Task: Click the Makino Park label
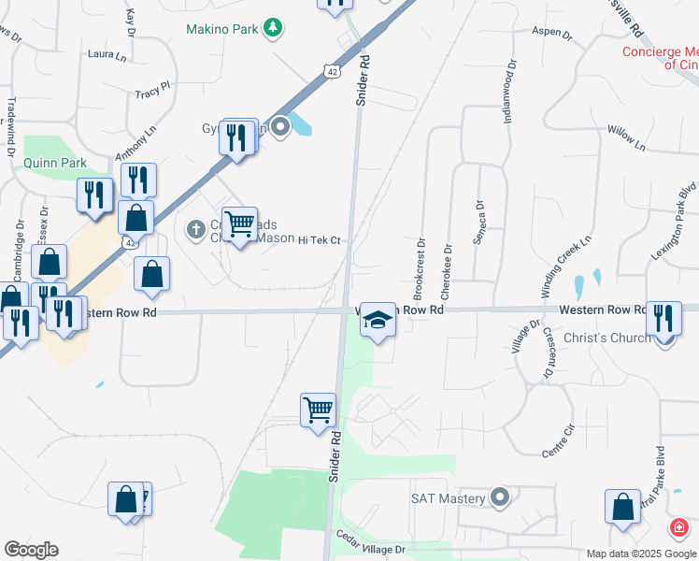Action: tap(221, 29)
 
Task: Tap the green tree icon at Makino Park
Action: tap(273, 28)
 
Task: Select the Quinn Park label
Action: tap(55, 163)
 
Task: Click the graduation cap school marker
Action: tap(378, 322)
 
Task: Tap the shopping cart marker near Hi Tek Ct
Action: tap(240, 224)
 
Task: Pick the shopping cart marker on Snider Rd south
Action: tap(318, 410)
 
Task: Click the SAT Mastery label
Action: tap(449, 498)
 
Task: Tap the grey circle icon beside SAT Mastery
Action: tap(501, 497)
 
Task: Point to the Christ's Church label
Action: tap(605, 337)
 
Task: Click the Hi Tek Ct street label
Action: tap(318, 241)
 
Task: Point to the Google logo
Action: tap(31, 550)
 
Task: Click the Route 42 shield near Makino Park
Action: tap(334, 71)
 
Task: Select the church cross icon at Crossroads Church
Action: tap(196, 227)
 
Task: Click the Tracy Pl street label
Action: tap(152, 93)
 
